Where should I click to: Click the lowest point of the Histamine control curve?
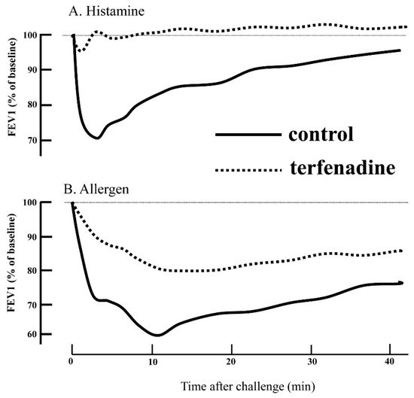pyautogui.click(x=97, y=138)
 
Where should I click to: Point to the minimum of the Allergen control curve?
pyautogui.click(x=156, y=335)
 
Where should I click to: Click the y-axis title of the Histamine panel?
pyautogui.click(x=13, y=89)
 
